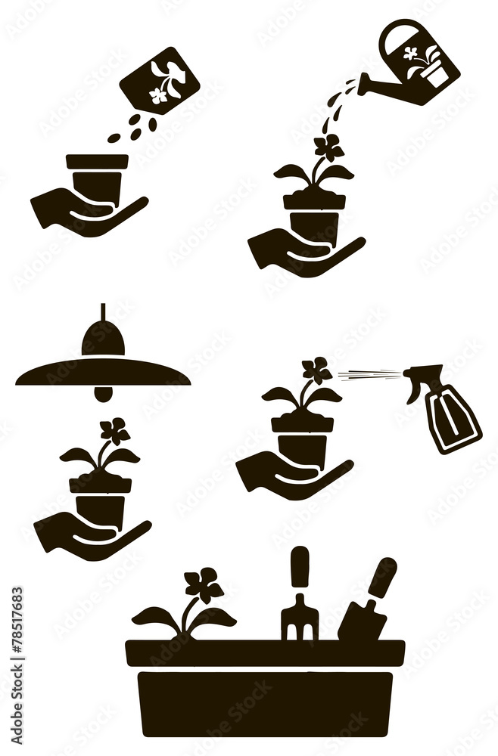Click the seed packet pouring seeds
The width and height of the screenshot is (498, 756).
tap(160, 81)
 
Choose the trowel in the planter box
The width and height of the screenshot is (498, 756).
tap(367, 605)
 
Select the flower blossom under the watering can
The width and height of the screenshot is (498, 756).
tap(328, 147)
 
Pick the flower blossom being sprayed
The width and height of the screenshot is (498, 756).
tap(316, 370)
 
